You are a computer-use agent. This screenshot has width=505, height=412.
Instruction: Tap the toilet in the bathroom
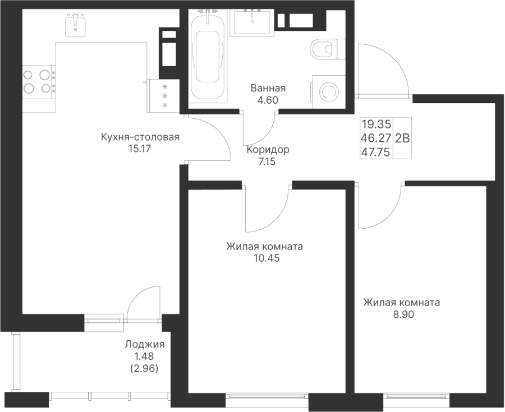[324, 50]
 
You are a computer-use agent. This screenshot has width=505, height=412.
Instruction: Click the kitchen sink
[76, 25]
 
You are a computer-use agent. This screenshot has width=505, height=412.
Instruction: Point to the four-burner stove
[38, 80]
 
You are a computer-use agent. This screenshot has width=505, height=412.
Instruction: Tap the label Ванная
[268, 89]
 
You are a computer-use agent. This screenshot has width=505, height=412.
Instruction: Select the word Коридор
[268, 150]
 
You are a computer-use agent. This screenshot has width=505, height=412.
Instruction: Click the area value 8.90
[401, 314]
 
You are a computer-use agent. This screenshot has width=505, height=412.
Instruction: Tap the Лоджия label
[144, 344]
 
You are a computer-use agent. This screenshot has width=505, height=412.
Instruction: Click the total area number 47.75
[377, 151]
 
